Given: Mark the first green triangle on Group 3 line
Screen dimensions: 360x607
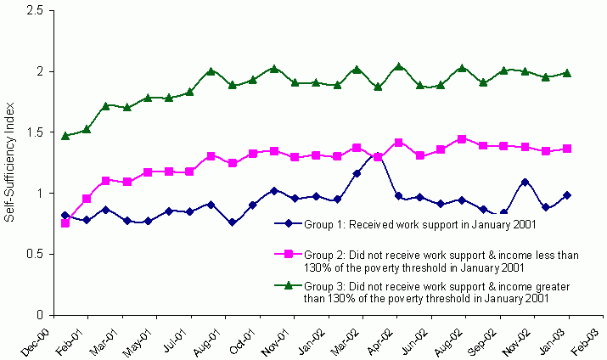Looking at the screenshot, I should pos(66,135).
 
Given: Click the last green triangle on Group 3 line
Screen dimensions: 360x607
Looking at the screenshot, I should pos(568,73).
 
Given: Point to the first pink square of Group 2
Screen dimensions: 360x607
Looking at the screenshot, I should pos(66,222).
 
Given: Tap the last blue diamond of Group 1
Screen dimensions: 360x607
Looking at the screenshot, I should pos(568,195).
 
